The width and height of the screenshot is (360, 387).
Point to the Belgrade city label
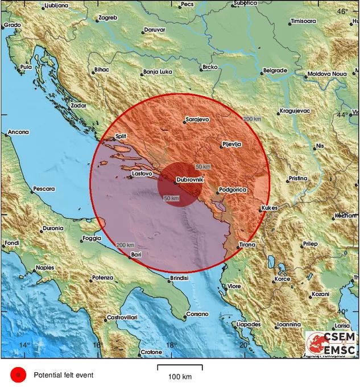275,71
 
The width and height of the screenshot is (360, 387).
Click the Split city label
120,137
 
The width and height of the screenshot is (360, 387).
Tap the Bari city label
136,254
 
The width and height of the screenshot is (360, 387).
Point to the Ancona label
18,133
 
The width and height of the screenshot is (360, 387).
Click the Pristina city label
297,178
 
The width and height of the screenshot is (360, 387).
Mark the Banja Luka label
158,72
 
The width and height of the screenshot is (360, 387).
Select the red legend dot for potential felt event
18,374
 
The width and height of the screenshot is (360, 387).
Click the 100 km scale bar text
180,377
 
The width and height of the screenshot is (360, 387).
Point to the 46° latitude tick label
342,11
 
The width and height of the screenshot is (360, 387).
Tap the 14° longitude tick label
24,345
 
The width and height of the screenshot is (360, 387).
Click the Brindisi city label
179,278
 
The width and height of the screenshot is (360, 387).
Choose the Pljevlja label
232,144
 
